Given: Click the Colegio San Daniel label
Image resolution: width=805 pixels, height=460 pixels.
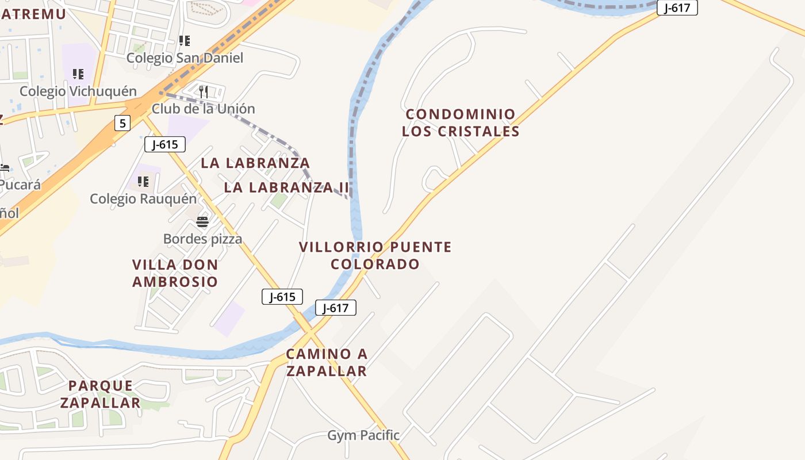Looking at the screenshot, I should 185,58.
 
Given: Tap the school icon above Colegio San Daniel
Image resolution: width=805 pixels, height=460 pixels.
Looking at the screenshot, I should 184,41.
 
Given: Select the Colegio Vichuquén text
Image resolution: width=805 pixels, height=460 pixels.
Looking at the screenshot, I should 78,91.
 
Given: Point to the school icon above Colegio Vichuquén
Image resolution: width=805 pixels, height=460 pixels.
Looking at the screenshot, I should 78,74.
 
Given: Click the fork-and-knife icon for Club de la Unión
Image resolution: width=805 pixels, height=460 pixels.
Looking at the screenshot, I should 203,91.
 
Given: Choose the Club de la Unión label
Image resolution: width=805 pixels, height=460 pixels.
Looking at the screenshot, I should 203,109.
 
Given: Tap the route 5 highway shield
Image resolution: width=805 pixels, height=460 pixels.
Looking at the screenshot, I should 122,122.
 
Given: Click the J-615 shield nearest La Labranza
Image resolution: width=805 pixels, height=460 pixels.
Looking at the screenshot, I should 165,144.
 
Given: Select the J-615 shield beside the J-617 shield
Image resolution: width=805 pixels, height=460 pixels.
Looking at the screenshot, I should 282,297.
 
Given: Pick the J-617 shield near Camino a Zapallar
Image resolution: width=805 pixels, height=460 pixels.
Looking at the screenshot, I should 336,308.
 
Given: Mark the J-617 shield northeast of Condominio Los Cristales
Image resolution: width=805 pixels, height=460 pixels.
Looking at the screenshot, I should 677,7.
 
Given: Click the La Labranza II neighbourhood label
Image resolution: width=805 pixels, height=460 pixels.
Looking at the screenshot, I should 286,187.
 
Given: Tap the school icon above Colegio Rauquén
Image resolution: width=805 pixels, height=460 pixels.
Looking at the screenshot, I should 143,182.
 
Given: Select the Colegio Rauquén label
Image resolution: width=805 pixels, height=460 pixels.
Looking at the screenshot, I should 143,199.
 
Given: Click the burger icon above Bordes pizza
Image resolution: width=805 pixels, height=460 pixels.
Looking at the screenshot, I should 202,222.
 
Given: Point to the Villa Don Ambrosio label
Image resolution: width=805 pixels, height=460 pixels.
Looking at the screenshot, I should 175,273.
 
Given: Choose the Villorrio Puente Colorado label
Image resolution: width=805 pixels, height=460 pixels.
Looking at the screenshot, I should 375,256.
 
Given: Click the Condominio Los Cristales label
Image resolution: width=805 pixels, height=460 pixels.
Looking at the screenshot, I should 461,122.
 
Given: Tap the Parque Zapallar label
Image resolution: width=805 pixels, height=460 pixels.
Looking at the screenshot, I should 101,394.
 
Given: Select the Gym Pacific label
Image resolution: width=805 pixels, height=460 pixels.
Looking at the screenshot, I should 363,435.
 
